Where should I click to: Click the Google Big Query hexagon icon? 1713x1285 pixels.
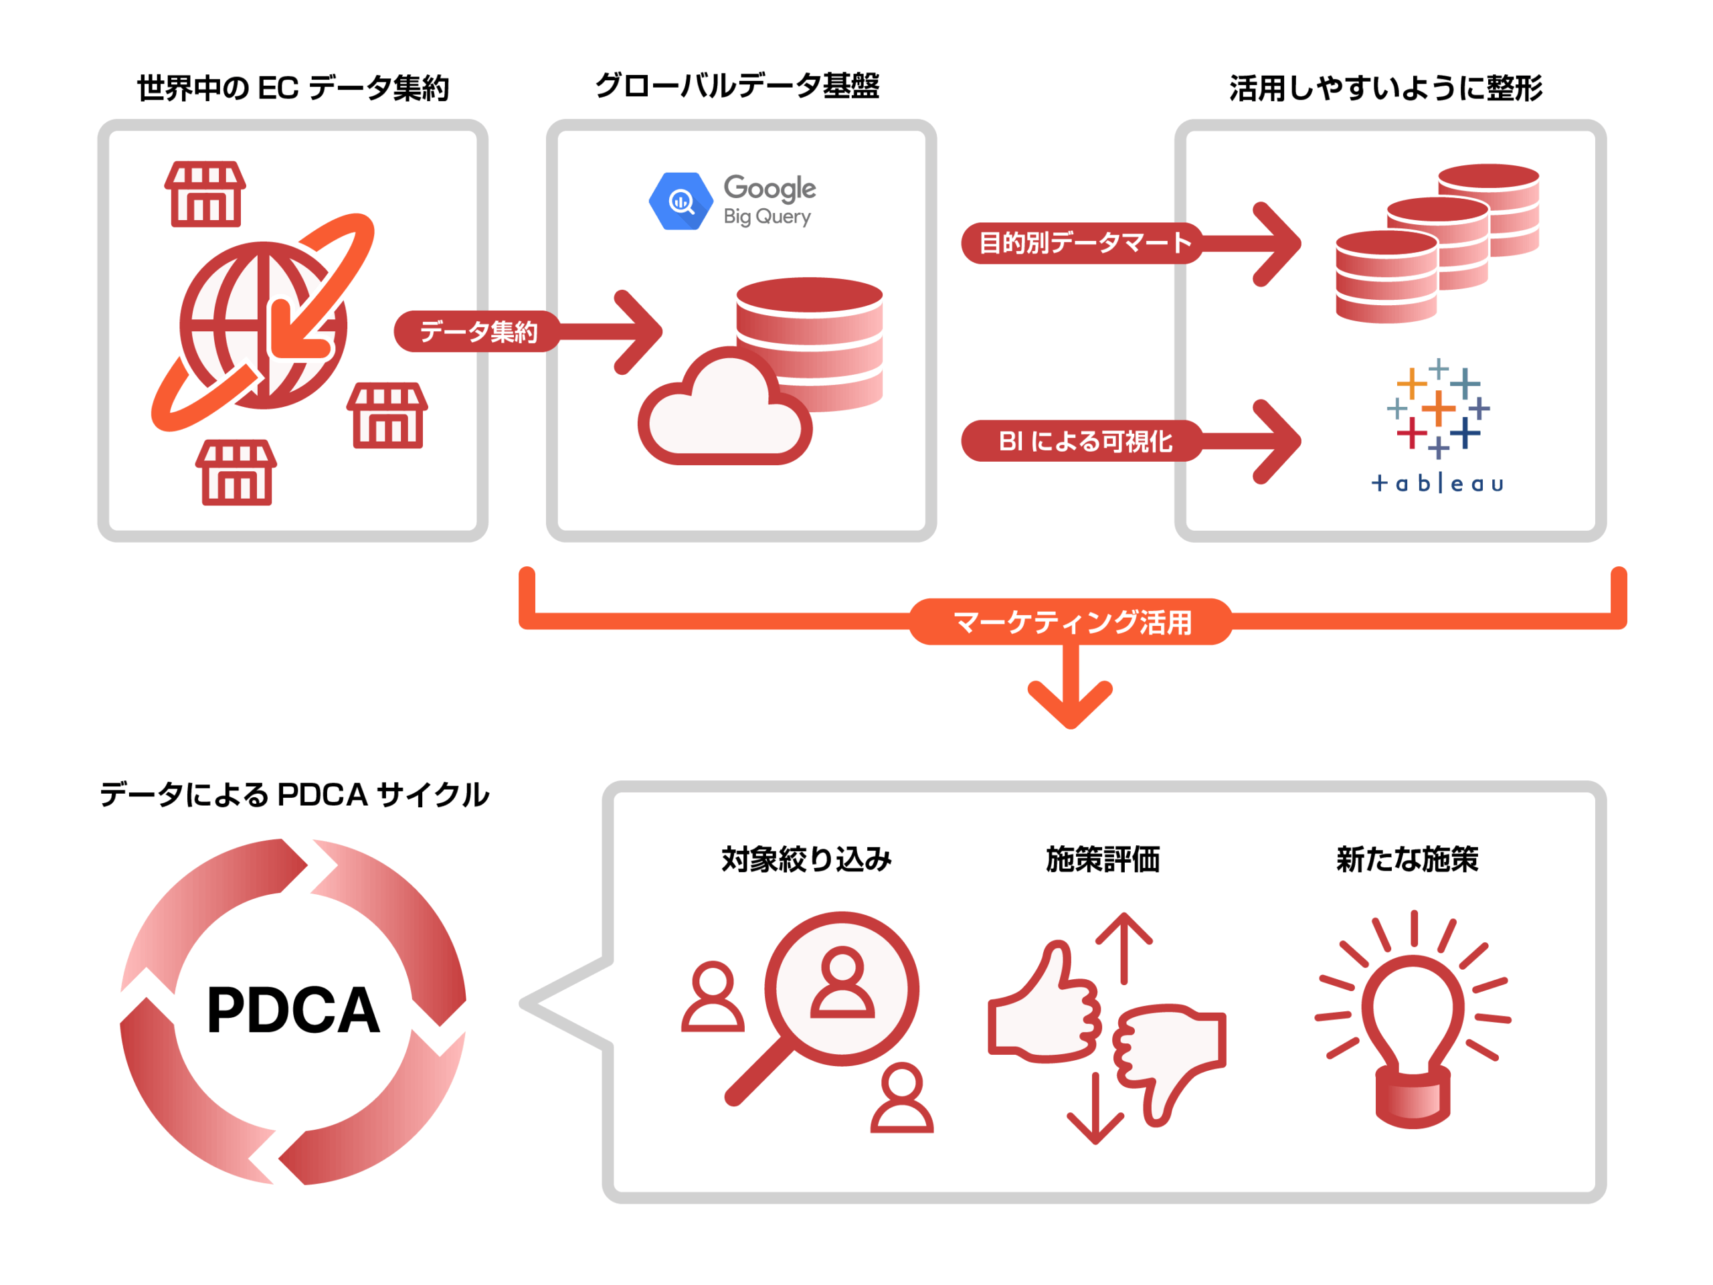[681, 201]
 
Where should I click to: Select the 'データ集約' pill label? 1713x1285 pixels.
[478, 331]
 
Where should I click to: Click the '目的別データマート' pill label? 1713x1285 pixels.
[1083, 243]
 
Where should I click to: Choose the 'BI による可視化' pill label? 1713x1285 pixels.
[1083, 441]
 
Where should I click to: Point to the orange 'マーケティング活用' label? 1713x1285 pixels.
[1071, 622]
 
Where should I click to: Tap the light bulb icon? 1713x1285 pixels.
[1413, 1030]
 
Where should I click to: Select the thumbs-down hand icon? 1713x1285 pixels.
[1170, 1057]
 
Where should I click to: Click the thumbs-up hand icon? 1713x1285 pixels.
[1045, 1007]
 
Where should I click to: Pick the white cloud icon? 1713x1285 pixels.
[724, 410]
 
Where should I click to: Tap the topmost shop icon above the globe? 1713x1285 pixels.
[205, 193]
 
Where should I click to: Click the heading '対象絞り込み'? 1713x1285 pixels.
[806, 859]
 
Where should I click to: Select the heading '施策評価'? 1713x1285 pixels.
[1103, 859]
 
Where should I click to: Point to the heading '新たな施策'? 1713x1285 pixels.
[1407, 859]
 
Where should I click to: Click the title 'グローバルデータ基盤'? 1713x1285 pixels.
[737, 86]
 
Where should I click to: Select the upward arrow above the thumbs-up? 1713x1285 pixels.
[1123, 945]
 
